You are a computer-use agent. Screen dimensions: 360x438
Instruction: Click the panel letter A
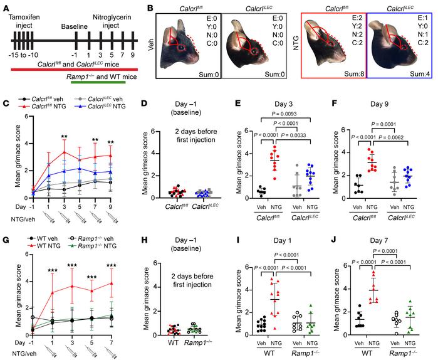pyautogui.click(x=7, y=6)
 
